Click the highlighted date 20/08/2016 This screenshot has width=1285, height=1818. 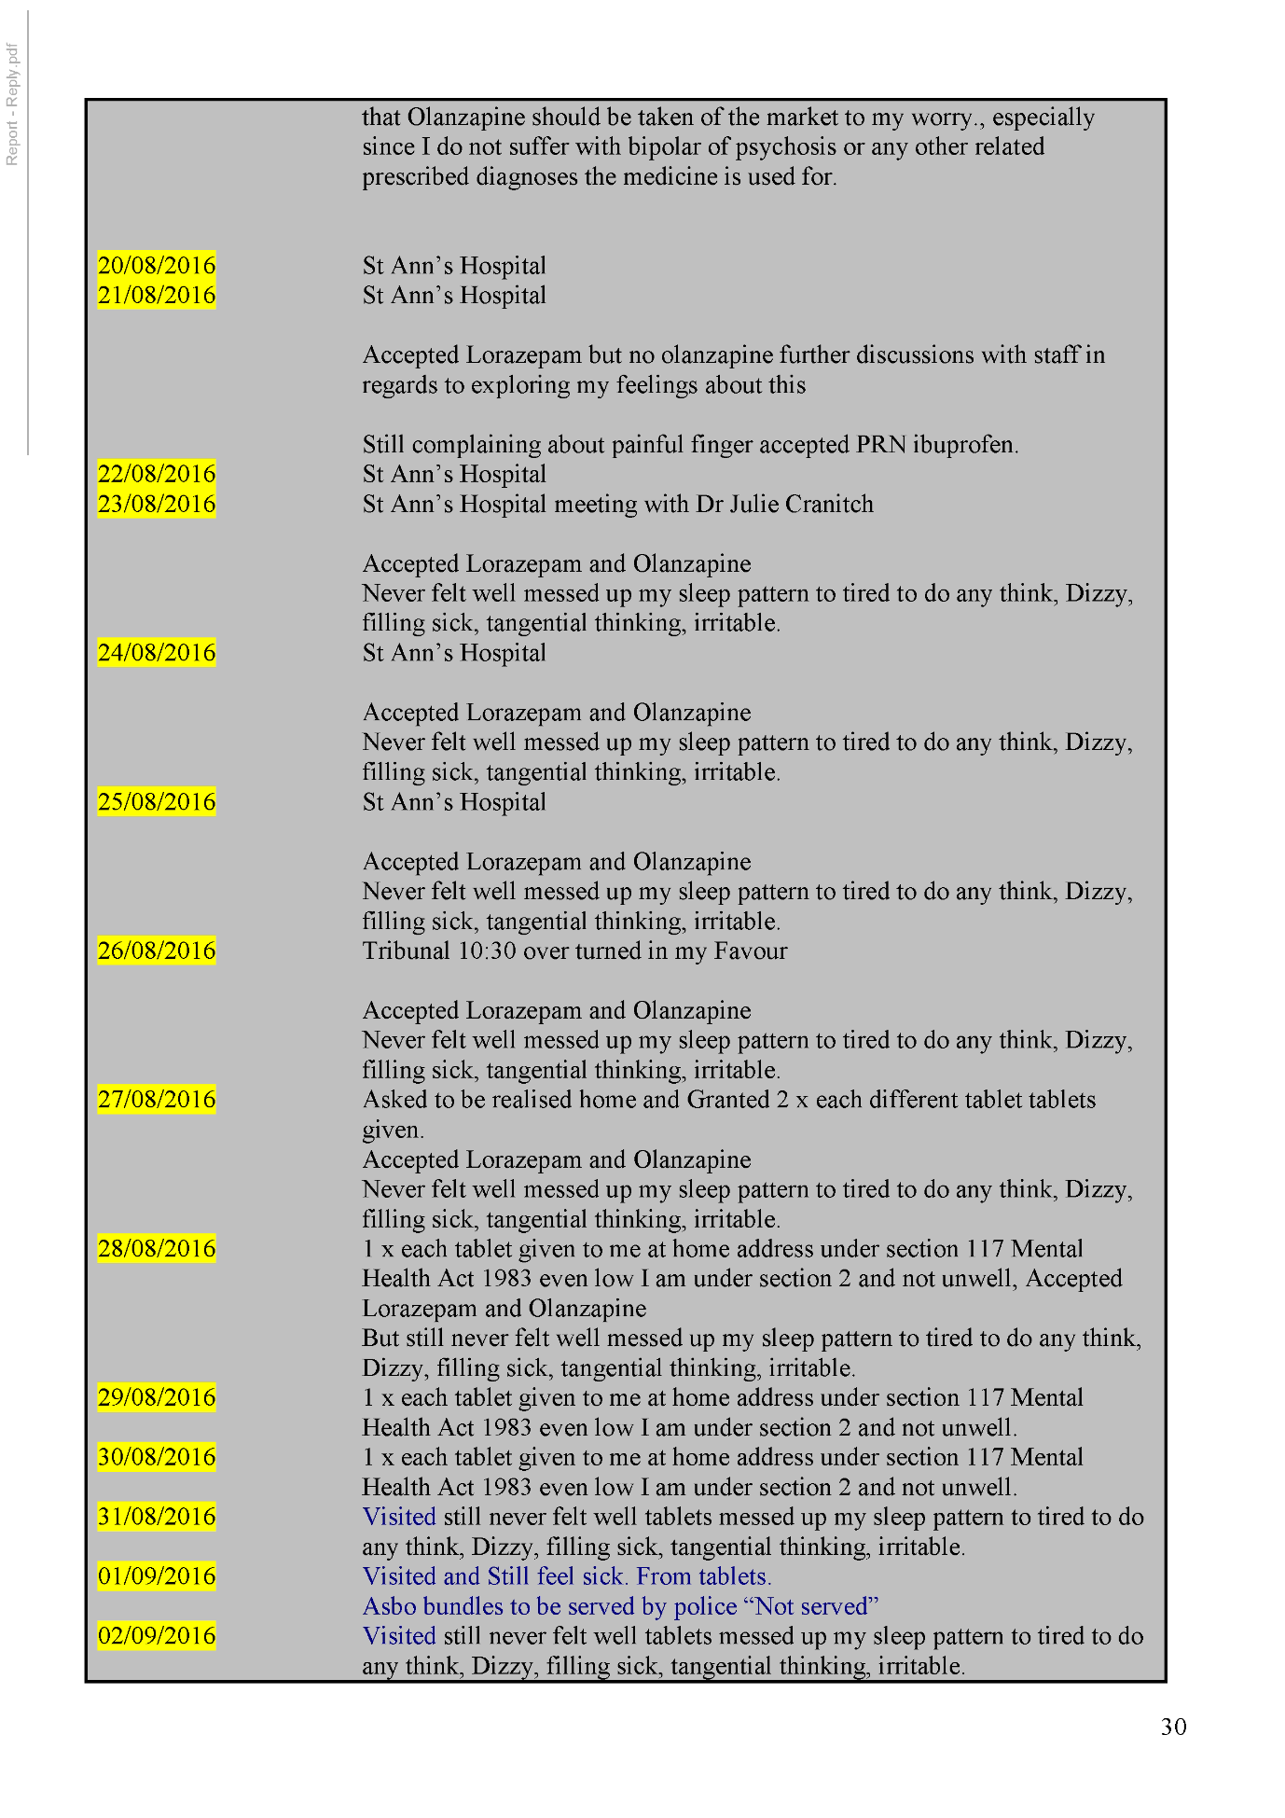(x=157, y=266)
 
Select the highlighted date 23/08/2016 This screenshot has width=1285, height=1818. (x=157, y=505)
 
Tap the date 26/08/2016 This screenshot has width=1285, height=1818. (x=157, y=951)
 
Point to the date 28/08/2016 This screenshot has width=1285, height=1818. (x=157, y=1249)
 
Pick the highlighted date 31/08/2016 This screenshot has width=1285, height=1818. (x=157, y=1518)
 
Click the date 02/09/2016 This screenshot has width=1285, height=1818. (x=157, y=1636)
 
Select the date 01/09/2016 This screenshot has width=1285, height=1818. (x=157, y=1576)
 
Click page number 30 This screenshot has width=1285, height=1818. (x=1173, y=1728)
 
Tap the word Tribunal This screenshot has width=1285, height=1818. (x=407, y=951)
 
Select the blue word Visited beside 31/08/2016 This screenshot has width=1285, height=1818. (x=399, y=1518)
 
